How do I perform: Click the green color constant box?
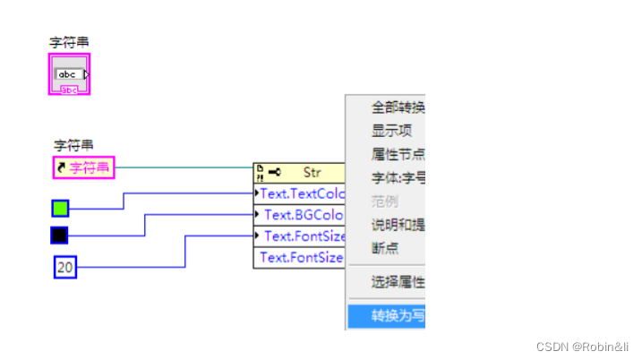(x=60, y=209)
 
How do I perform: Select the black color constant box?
(x=60, y=236)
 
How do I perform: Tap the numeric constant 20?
(x=64, y=267)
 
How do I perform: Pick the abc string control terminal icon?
(x=70, y=74)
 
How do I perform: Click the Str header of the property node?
(x=299, y=172)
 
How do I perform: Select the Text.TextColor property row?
(x=301, y=193)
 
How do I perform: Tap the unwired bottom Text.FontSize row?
(x=301, y=258)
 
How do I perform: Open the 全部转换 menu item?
(x=398, y=108)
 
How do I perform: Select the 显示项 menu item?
(x=392, y=131)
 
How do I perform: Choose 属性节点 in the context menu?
(x=398, y=154)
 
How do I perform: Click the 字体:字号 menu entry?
(x=398, y=177)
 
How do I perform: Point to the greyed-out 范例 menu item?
(x=386, y=201)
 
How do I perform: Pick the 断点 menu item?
(x=386, y=247)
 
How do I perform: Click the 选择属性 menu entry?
(x=398, y=283)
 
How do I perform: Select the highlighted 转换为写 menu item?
(x=398, y=315)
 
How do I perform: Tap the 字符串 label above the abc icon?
(x=69, y=42)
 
